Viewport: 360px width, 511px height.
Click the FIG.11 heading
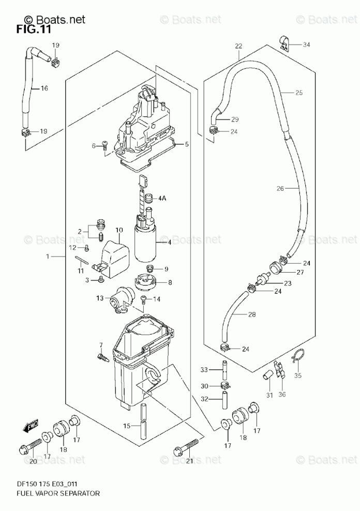pos(33,29)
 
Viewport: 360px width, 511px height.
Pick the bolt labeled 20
pos(32,443)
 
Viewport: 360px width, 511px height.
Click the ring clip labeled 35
pos(296,356)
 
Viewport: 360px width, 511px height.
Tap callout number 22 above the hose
pos(238,46)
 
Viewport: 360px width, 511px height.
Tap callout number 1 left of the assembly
pos(48,257)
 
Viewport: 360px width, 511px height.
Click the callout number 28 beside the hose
pos(252,314)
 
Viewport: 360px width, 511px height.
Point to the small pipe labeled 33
pos(226,370)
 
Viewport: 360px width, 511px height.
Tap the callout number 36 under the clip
pos(282,396)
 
